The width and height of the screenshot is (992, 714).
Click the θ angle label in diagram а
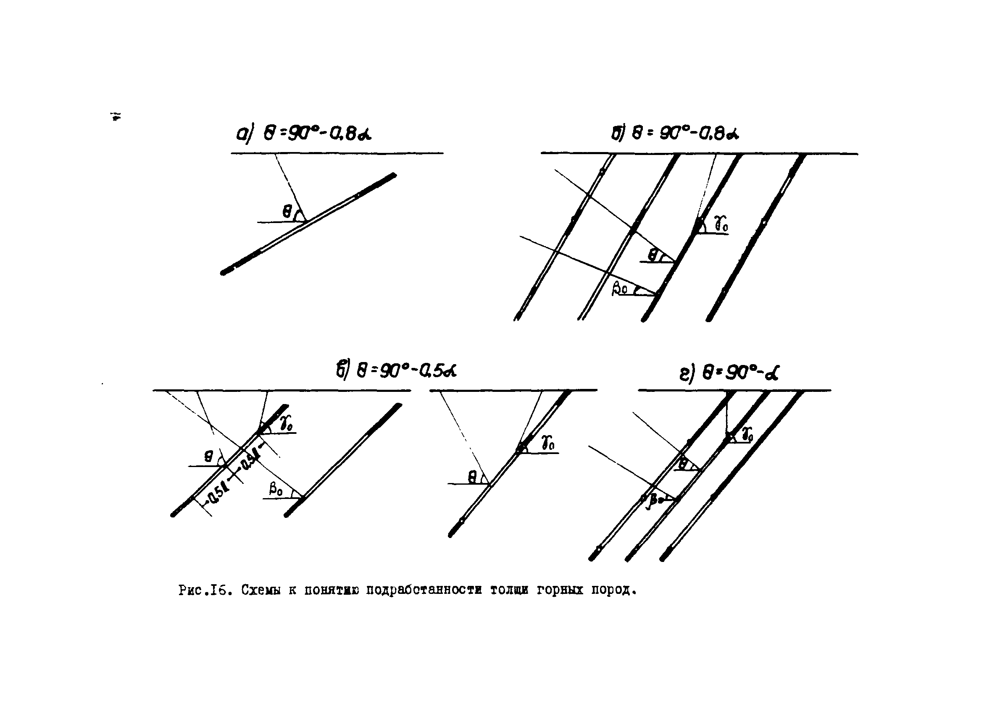coord(287,213)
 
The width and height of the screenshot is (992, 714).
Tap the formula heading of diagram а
coord(304,134)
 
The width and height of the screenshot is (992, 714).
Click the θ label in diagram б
coord(653,255)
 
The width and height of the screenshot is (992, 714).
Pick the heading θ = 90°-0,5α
coord(396,370)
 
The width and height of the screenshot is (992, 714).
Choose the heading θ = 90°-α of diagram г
coord(729,373)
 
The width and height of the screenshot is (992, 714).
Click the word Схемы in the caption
coord(260,591)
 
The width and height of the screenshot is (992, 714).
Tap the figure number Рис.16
coord(204,591)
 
